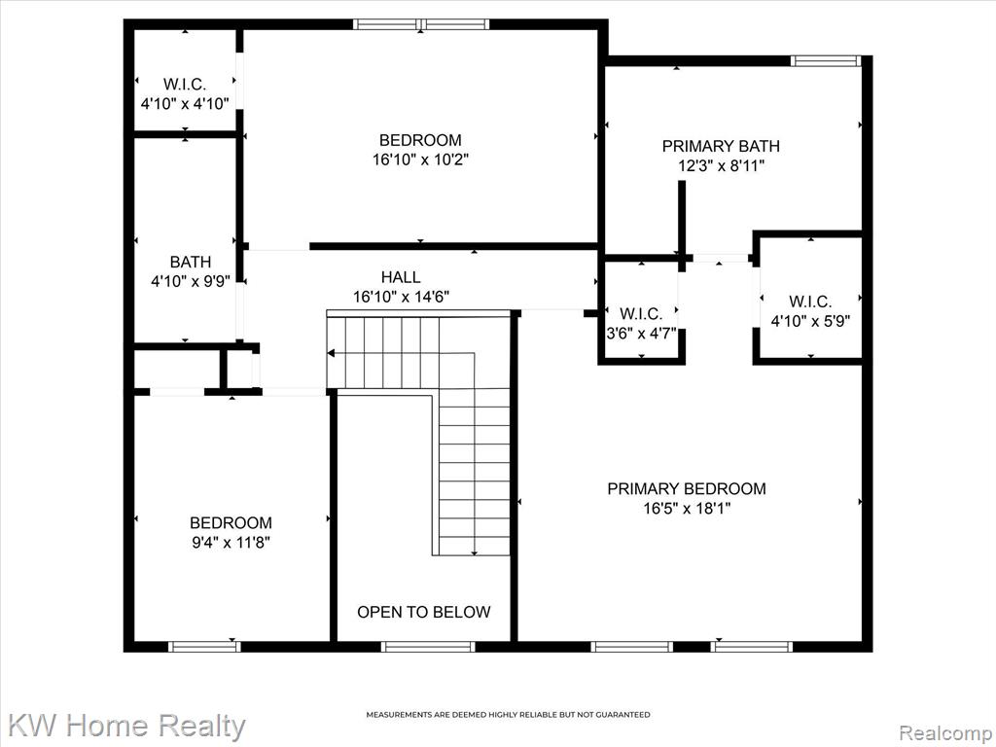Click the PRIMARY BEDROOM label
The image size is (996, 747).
[687, 488]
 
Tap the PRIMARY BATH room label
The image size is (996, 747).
[721, 146]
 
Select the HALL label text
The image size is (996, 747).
[401, 277]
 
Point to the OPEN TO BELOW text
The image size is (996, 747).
[424, 612]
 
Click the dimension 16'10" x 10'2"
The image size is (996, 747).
[420, 160]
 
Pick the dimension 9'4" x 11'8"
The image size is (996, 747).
[231, 543]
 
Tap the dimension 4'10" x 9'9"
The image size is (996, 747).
[191, 281]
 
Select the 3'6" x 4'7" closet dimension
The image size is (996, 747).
[642, 334]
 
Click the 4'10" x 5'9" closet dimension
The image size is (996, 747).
[810, 321]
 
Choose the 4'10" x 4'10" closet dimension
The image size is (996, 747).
[185, 103]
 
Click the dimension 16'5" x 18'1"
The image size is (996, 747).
[687, 508]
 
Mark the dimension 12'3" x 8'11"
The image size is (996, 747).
[721, 165]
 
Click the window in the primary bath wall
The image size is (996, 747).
[826, 61]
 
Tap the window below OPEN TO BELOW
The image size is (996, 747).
[428, 647]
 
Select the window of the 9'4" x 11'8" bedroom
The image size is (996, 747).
[204, 647]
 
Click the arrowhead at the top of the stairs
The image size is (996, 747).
[331, 352]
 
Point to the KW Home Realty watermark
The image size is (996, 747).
[127, 725]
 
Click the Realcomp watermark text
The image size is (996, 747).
[945, 733]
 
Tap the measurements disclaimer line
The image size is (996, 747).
[508, 715]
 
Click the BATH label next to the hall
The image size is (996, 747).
[191, 262]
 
